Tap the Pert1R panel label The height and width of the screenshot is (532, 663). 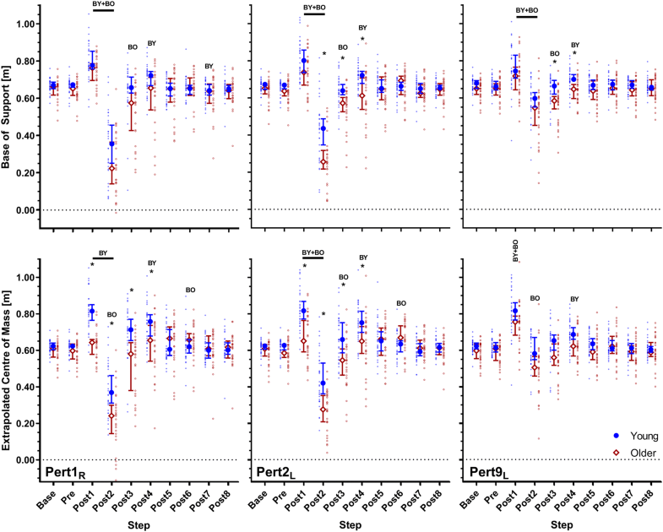pyautogui.click(x=68, y=462)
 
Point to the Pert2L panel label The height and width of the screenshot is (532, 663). pyautogui.click(x=278, y=462)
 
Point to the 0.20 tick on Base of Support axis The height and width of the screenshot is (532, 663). pyautogui.click(x=24, y=172)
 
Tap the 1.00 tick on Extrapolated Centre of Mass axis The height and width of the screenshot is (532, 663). pyautogui.click(x=24, y=278)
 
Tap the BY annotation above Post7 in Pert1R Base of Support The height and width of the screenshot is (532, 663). pyautogui.click(x=209, y=67)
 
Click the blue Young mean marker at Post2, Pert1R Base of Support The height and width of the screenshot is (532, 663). pyautogui.click(x=111, y=144)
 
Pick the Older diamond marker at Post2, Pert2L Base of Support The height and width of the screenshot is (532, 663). pyautogui.click(x=323, y=162)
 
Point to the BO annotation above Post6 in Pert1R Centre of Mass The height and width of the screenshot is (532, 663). pyautogui.click(x=189, y=295)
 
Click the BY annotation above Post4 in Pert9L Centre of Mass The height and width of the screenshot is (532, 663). pyautogui.click(x=574, y=298)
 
